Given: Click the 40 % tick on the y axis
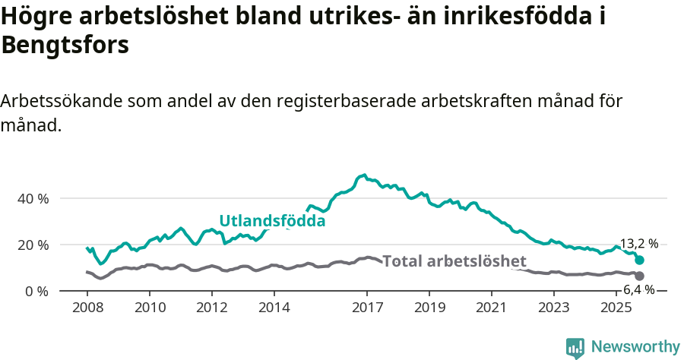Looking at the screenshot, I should tap(33, 198).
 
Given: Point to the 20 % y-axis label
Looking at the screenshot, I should tap(33, 245).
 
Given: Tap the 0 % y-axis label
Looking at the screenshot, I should tap(36, 291).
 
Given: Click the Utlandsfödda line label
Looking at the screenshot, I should tap(272, 221).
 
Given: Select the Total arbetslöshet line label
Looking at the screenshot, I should tap(454, 261).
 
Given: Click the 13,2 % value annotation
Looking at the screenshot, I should tap(638, 244).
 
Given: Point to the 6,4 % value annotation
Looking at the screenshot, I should tap(638, 289).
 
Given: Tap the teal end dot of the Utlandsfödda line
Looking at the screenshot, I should tap(639, 260).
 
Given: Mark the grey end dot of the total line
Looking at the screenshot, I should tap(639, 276).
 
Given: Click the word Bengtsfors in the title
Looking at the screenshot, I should tap(65, 45).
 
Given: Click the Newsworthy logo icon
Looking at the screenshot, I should tap(575, 347).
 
